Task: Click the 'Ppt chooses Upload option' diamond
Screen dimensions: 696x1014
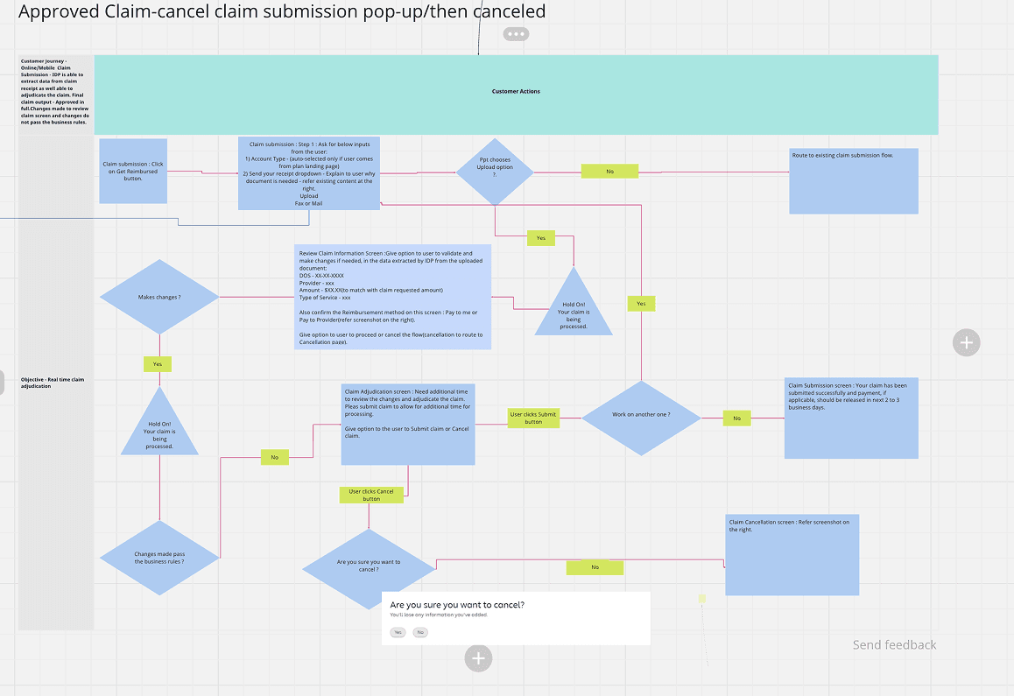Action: (x=495, y=172)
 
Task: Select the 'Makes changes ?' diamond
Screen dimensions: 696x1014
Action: (x=159, y=298)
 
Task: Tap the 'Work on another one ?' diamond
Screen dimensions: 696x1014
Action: (x=642, y=418)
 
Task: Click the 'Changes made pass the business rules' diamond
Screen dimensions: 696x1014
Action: (x=159, y=557)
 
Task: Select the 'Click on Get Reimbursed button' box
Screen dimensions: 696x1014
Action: (x=133, y=171)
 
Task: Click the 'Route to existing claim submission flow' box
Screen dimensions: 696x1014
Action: (x=853, y=180)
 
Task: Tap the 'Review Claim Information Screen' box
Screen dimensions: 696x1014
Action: (x=393, y=297)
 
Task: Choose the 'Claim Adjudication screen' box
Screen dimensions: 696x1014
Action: (x=408, y=424)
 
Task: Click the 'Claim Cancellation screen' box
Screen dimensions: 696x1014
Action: (x=792, y=554)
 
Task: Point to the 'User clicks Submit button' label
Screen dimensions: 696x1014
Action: (x=533, y=418)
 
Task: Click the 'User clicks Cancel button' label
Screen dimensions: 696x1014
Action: (x=372, y=495)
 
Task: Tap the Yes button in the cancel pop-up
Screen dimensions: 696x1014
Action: (x=398, y=632)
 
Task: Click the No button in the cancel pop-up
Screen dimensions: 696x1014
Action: (x=420, y=632)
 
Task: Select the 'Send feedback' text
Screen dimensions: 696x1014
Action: (x=894, y=645)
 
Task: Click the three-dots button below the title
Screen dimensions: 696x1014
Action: (x=516, y=34)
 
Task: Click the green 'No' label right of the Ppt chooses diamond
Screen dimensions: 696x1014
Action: (x=609, y=172)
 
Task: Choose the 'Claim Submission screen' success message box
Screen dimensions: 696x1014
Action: (x=851, y=418)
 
